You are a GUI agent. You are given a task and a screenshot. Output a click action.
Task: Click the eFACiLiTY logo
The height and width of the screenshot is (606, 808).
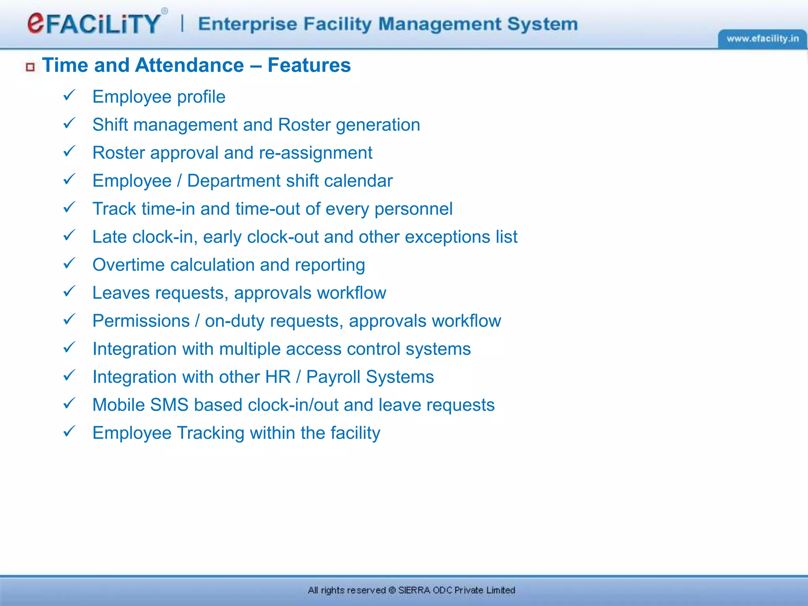[94, 23]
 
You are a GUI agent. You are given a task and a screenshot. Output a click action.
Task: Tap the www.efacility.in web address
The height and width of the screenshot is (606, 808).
[762, 39]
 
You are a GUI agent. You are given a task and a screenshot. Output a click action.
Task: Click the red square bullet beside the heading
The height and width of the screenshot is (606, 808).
[30, 67]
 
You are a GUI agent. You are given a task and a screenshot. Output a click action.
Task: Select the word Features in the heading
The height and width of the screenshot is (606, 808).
[309, 65]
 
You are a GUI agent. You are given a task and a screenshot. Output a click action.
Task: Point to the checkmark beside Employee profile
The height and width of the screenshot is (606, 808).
[69, 95]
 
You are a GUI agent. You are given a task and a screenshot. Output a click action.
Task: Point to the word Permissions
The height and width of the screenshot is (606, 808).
[141, 321]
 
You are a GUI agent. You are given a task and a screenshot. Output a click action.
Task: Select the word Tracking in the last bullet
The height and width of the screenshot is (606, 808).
[210, 433]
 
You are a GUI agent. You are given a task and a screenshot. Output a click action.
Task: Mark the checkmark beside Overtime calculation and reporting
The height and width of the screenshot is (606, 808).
[69, 263]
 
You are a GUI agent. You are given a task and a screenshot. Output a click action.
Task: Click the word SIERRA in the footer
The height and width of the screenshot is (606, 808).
[414, 590]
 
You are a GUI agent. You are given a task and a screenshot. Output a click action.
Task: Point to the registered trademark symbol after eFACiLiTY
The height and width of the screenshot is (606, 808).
[165, 11]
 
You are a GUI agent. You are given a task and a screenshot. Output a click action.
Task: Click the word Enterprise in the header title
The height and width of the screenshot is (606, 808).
[247, 24]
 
